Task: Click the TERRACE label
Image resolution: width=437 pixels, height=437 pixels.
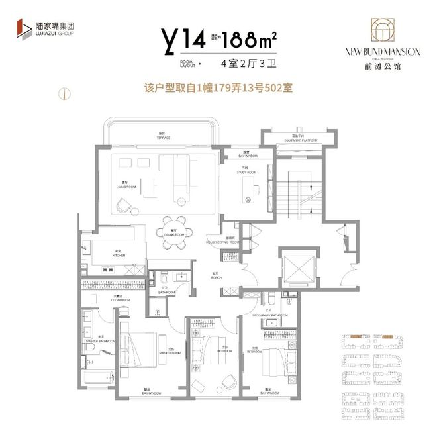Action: point(164,137)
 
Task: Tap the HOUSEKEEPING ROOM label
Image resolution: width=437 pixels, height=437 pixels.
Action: point(230,242)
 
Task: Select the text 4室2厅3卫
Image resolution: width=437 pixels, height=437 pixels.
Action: point(244,65)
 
